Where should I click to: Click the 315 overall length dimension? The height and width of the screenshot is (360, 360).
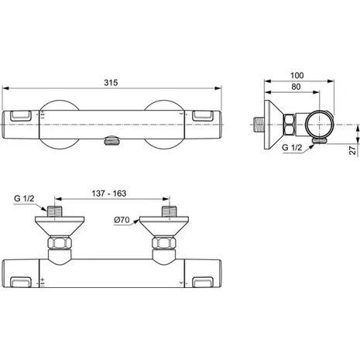point(111,83)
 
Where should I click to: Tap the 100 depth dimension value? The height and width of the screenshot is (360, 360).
point(297,76)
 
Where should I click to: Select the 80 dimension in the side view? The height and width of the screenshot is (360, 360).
point(296,87)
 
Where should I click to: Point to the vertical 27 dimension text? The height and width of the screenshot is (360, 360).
point(352,150)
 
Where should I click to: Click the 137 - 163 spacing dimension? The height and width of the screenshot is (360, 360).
point(109,194)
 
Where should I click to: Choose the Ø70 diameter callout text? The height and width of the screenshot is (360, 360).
point(122,220)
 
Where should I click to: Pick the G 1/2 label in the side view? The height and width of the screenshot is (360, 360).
point(292,148)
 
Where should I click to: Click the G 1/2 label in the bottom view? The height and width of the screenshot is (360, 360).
point(24,199)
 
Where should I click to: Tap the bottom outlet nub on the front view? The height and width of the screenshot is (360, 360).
point(111,141)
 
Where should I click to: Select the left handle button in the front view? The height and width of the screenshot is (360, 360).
point(21,116)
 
